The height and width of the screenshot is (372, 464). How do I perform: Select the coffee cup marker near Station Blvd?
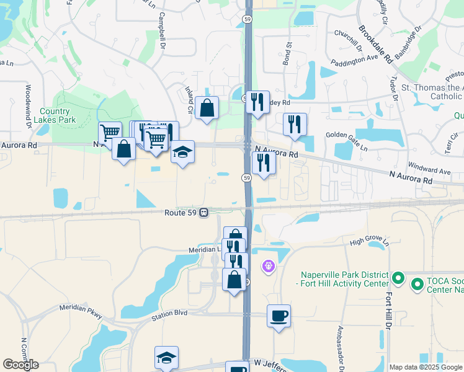coord(279,316)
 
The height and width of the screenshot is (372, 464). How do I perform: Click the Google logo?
coord(21,365)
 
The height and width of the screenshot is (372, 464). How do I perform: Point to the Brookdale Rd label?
coord(376,45)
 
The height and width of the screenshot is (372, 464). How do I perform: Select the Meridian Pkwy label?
coord(80,308)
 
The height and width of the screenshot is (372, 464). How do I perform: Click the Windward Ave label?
coord(429,168)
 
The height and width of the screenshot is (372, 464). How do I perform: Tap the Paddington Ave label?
coord(354,59)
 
